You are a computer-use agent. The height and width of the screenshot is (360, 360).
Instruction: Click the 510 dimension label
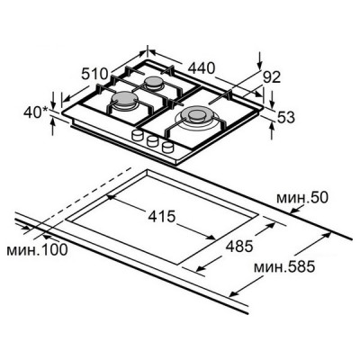pyautogui.click(x=94, y=74)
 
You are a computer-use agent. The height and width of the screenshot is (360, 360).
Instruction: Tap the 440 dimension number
pyautogui.click(x=202, y=68)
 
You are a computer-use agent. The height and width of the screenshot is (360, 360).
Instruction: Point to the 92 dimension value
pyautogui.click(x=272, y=77)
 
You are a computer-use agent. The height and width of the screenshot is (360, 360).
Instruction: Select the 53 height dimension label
pyautogui.click(x=285, y=117)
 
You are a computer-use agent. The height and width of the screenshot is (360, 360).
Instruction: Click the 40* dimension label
pyautogui.click(x=36, y=112)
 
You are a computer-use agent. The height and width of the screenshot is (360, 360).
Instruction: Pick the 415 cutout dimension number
pyautogui.click(x=162, y=216)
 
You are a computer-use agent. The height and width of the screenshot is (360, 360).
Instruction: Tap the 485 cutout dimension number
pyautogui.click(x=239, y=247)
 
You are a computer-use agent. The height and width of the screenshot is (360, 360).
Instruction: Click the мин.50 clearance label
pyautogui.click(x=302, y=198)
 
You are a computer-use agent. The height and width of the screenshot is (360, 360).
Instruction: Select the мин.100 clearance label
pyautogui.click(x=37, y=249)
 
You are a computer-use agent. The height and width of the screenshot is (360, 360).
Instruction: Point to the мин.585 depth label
pyautogui.click(x=284, y=266)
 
